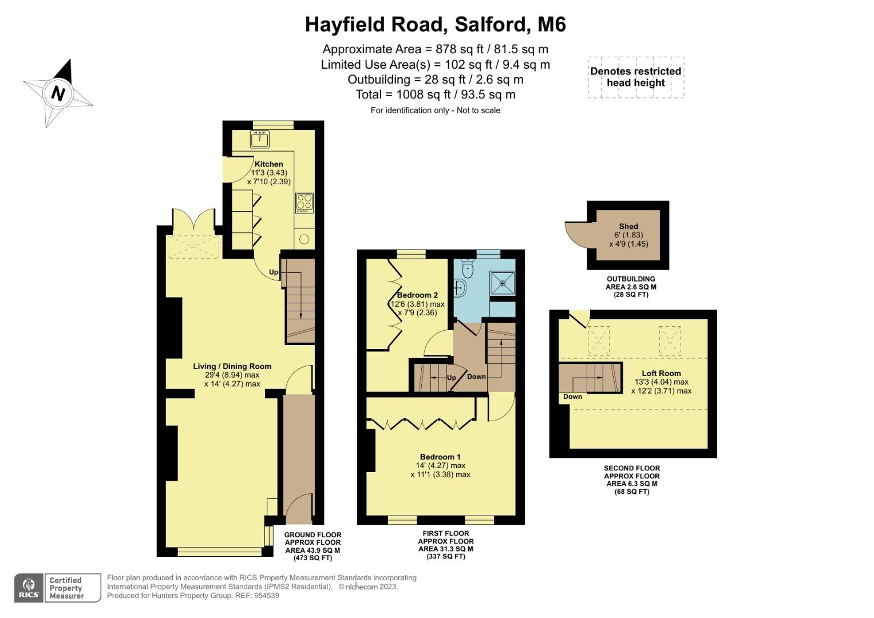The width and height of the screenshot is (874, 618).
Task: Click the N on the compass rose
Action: (x=58, y=93)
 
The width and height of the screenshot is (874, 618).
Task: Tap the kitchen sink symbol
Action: (x=260, y=138)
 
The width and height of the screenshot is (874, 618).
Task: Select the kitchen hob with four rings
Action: (x=304, y=203)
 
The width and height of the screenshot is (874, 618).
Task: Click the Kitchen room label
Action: (x=268, y=164)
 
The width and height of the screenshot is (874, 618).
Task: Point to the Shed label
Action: (x=628, y=227)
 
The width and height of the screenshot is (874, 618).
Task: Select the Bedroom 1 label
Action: (x=440, y=457)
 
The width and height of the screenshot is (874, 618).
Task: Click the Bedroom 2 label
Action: (x=418, y=295)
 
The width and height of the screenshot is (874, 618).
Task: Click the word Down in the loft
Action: (x=572, y=397)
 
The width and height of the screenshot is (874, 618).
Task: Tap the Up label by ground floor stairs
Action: (x=274, y=272)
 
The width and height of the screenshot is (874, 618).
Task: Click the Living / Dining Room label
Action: (x=232, y=366)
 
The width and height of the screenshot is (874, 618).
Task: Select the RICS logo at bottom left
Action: (x=29, y=588)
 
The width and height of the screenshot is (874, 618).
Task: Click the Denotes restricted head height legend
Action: (x=635, y=77)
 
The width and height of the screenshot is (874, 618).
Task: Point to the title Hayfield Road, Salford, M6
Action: (x=435, y=25)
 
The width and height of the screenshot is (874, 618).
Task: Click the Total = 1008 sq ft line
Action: (x=435, y=94)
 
